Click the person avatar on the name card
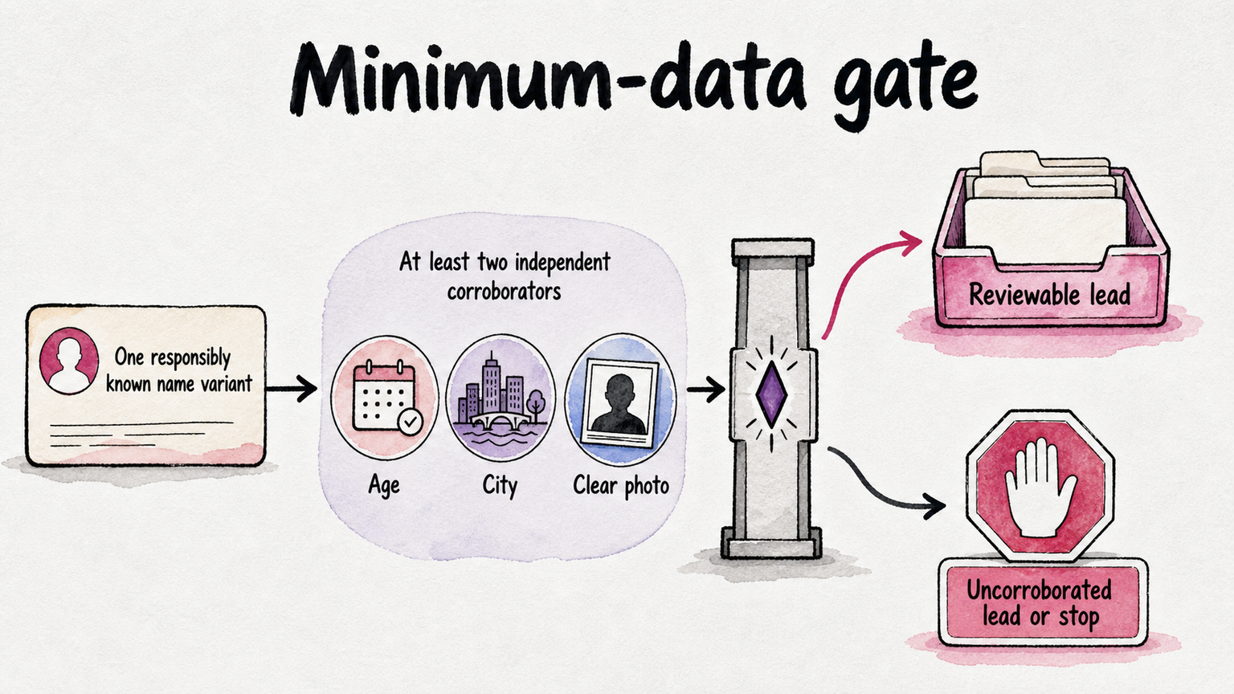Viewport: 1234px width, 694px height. click(x=69, y=361)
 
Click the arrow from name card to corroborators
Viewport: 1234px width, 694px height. click(x=292, y=388)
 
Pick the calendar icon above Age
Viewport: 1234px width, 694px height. click(x=384, y=397)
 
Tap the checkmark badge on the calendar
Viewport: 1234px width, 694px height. click(x=411, y=423)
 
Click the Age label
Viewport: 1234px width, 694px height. click(x=384, y=486)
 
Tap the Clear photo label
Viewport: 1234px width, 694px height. click(x=621, y=485)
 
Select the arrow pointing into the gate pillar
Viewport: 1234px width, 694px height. click(x=705, y=390)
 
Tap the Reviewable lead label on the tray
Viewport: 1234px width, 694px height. click(x=1049, y=294)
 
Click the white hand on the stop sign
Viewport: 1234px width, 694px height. click(x=1040, y=488)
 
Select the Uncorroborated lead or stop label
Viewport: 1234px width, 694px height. click(x=1039, y=603)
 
